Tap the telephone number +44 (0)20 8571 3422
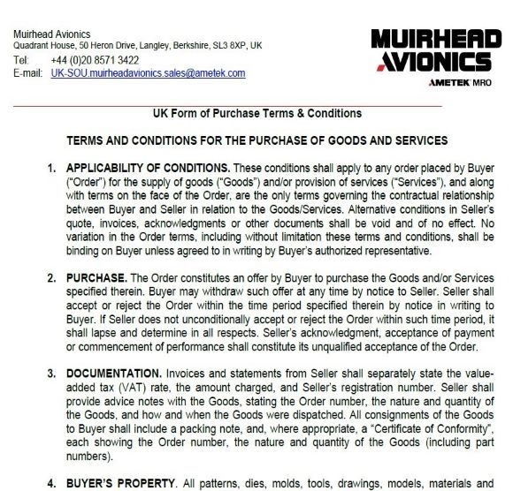click(x=88, y=59)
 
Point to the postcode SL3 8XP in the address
click(x=226, y=45)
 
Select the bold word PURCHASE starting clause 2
click(x=97, y=278)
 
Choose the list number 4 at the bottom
click(x=52, y=484)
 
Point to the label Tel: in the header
click(x=22, y=59)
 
